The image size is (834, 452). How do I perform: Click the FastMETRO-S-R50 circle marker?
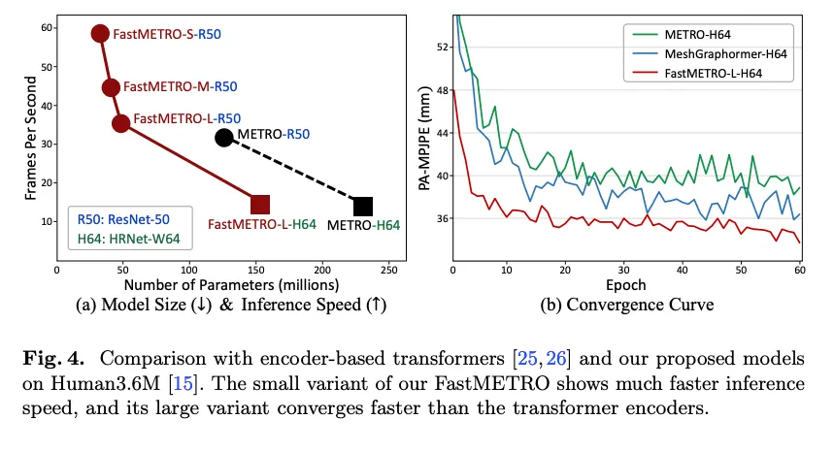(100, 33)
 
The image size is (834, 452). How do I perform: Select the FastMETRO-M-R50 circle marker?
(112, 87)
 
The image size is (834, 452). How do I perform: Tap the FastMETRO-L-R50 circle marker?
(121, 123)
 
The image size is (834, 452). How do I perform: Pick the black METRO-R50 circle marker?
(224, 138)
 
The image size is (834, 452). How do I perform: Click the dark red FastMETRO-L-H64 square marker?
(260, 204)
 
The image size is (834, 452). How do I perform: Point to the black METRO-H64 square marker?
(363, 206)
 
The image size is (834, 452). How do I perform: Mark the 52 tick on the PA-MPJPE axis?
(441, 46)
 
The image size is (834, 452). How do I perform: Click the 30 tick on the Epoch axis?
(627, 269)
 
